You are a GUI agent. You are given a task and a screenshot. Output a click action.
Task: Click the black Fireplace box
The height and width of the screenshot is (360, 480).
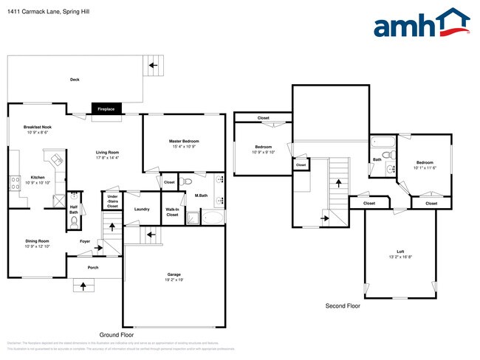[x=106, y=108]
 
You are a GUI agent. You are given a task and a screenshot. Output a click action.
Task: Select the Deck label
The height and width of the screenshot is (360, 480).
[x=75, y=80]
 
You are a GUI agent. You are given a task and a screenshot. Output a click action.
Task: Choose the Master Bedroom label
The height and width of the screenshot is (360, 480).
[x=184, y=141]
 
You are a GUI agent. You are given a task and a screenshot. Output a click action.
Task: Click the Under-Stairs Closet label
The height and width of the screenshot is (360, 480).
[x=112, y=201]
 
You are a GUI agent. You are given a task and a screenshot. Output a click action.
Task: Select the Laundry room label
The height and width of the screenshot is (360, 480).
[x=143, y=209]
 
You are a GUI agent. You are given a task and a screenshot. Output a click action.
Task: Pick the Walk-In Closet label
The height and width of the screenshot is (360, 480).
[x=172, y=211]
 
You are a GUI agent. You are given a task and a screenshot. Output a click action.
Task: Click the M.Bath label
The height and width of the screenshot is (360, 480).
[x=200, y=195]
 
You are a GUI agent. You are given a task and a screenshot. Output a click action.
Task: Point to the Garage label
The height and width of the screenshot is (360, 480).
[x=174, y=274]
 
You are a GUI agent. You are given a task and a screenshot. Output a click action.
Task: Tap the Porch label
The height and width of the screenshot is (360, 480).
[x=93, y=267]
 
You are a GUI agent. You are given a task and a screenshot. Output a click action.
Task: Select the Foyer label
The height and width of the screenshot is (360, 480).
[x=86, y=241]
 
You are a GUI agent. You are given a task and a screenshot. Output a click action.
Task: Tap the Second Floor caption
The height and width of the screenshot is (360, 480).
[x=343, y=305]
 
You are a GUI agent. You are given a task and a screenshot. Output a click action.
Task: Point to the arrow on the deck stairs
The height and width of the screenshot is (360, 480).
[x=153, y=66]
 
